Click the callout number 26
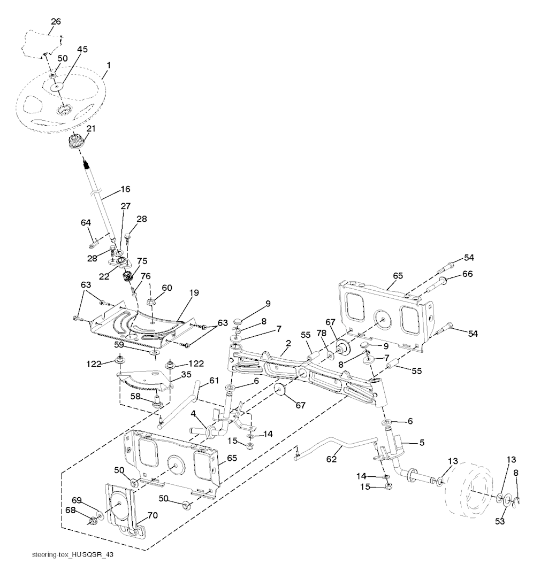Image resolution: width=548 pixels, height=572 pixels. pos(56,22)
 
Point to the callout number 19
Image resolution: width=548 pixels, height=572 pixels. pos(193,292)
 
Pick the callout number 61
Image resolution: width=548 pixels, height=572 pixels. pos(214,380)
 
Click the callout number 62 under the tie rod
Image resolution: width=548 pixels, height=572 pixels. pos(332,458)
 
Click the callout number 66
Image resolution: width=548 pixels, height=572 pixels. pos(467,274)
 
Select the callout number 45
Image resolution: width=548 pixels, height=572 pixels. pos(82,49)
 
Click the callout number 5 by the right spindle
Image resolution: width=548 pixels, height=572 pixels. pos(421,443)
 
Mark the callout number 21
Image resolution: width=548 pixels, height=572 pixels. pos(92,128)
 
